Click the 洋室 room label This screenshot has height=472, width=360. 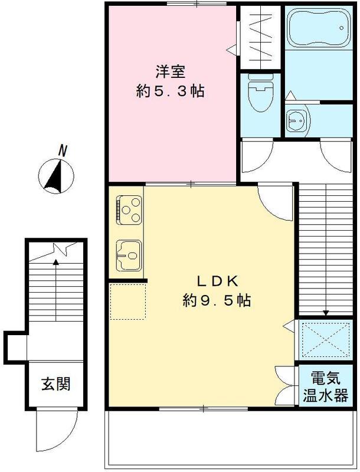[x=171, y=72]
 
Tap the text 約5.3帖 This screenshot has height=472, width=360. [x=171, y=92]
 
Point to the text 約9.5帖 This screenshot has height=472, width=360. [x=217, y=300]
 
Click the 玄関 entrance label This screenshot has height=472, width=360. [x=55, y=384]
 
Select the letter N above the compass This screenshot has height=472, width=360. [x=61, y=151]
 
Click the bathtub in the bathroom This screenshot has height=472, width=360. [x=318, y=29]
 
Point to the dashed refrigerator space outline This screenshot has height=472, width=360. [x=127, y=301]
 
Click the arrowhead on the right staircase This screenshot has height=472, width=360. [x=325, y=313]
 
